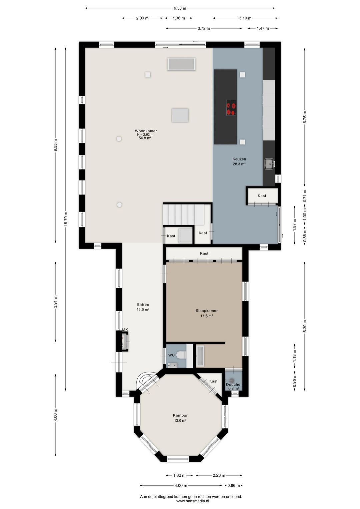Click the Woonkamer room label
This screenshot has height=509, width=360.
click(x=146, y=131)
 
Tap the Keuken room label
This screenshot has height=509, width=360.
click(x=239, y=159)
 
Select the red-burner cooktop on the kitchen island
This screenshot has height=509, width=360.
click(x=231, y=107)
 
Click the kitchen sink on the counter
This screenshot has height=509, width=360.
click(x=270, y=164)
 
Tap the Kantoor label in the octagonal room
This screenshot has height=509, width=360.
click(x=180, y=415)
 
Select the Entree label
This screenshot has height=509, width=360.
click(x=143, y=305)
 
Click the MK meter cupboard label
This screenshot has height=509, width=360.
click(x=125, y=330)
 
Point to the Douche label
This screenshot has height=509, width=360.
click(x=233, y=385)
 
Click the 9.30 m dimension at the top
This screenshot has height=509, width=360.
click(x=180, y=8)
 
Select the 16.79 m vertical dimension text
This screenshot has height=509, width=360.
click(x=66, y=218)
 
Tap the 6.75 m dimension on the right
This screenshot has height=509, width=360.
click(x=305, y=117)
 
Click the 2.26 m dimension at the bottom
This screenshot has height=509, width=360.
click(x=219, y=475)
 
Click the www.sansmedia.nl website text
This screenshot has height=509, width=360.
click(x=193, y=501)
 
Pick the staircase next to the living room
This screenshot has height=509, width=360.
click(x=184, y=214)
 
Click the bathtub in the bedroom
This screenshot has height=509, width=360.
click(x=200, y=356)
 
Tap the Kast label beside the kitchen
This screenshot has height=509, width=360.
click(x=262, y=196)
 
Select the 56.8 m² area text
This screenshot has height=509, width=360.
click(x=145, y=138)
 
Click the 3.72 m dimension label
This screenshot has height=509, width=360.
click(x=204, y=28)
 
